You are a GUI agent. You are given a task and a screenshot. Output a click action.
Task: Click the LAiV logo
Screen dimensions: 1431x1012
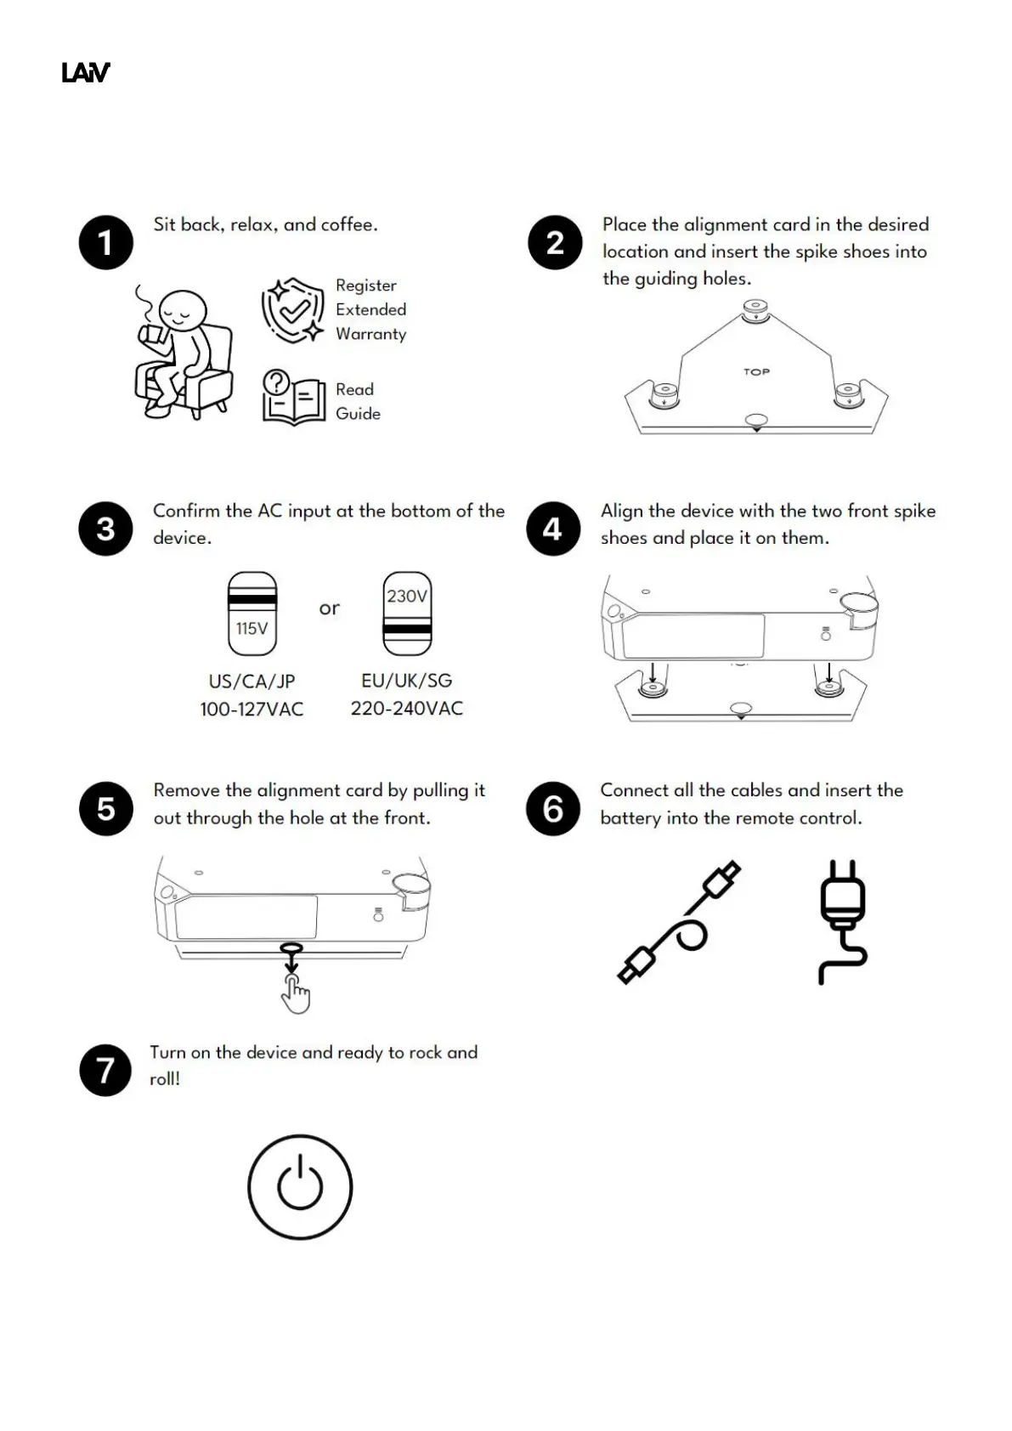(86, 73)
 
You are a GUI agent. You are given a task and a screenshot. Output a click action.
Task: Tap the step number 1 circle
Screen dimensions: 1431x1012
(106, 242)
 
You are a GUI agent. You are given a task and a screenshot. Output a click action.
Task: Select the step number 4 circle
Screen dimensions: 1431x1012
(553, 529)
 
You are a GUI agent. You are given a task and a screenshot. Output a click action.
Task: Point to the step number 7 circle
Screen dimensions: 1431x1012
(105, 1070)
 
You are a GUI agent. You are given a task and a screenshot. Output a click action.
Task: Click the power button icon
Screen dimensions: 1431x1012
(300, 1186)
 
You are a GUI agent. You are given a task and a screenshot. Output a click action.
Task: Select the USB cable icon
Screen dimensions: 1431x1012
(679, 923)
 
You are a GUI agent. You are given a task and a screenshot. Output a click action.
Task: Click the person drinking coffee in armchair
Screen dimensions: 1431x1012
(183, 353)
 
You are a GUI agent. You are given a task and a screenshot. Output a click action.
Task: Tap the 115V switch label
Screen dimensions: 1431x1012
(252, 629)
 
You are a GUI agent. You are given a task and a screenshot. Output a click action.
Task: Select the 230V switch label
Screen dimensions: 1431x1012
(407, 597)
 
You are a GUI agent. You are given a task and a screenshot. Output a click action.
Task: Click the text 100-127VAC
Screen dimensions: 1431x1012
(252, 709)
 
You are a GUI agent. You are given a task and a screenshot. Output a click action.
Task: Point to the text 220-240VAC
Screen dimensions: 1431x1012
(407, 709)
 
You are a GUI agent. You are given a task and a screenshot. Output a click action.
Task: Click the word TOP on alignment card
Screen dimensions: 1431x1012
(756, 371)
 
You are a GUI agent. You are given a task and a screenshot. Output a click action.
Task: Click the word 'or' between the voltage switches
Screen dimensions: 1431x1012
(329, 608)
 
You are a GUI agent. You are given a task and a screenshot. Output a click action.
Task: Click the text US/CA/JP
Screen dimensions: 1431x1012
(252, 682)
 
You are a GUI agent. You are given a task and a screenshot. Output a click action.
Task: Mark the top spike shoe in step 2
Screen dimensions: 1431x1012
(755, 309)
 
